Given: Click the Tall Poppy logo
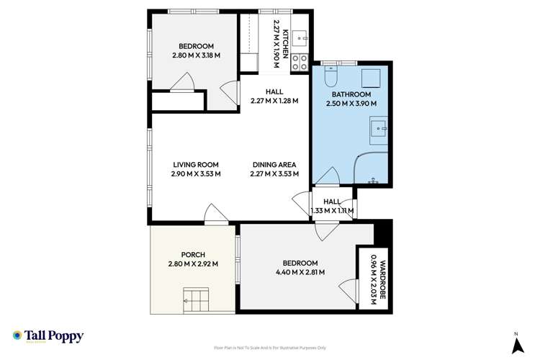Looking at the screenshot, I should click(48, 336).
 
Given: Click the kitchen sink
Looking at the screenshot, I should click(300, 32).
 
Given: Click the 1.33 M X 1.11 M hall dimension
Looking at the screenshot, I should click(332, 211).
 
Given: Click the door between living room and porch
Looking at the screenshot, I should click(214, 215).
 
